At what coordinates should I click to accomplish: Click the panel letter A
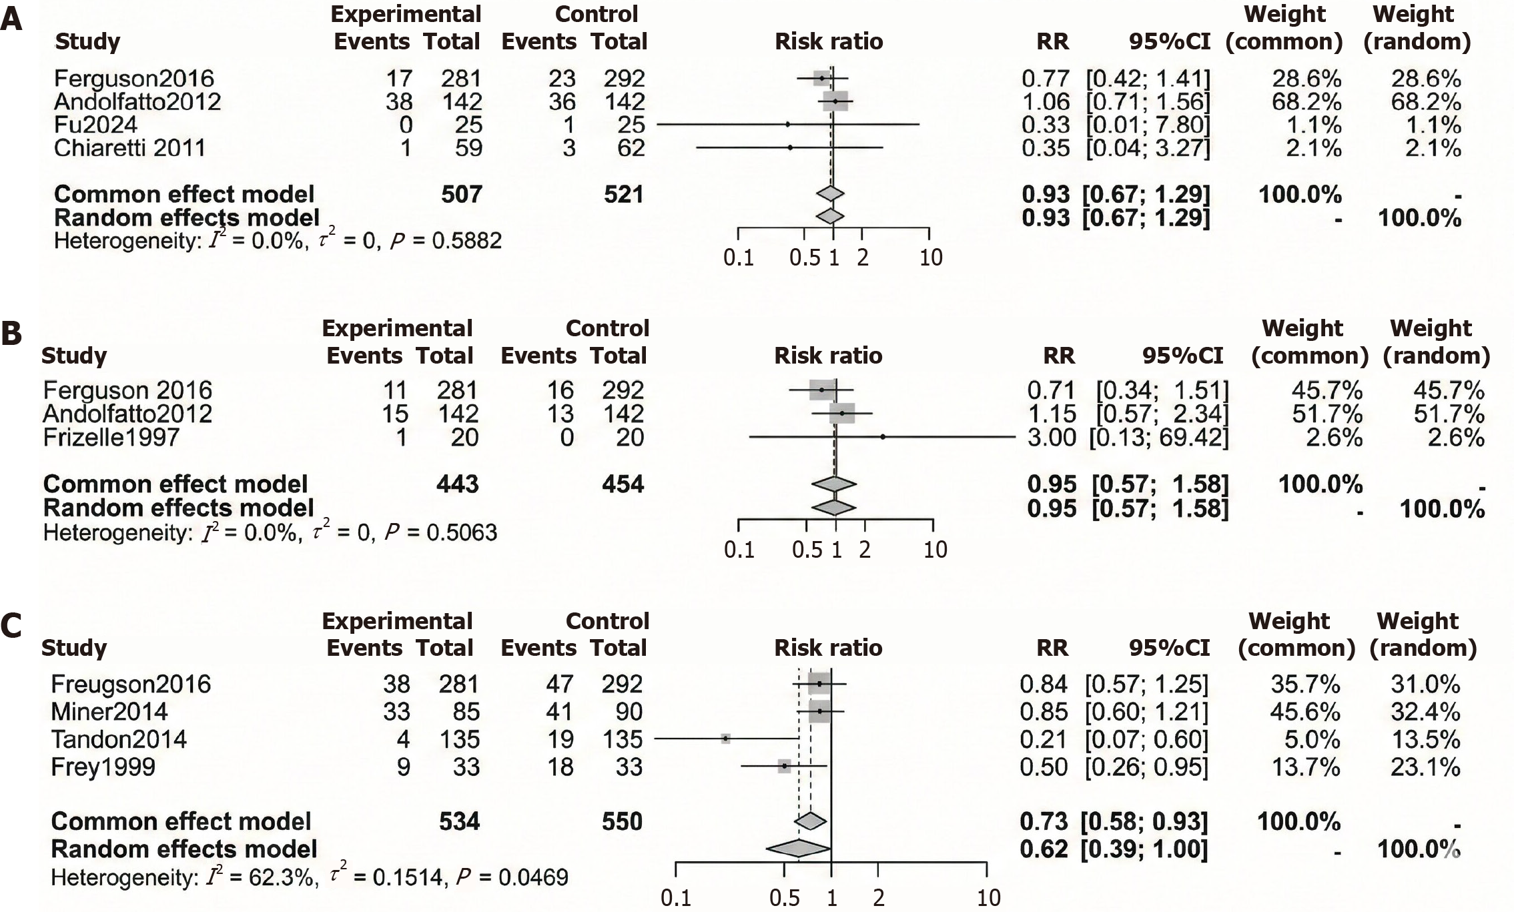[11, 19]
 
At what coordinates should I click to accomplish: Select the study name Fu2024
[95, 125]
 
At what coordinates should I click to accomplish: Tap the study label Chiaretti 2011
[129, 147]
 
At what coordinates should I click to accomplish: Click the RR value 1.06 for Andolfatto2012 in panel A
[1045, 101]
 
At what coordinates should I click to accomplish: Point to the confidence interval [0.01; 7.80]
[1148, 125]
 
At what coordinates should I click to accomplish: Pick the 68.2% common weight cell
[1306, 101]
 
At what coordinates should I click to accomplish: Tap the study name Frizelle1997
[111, 438]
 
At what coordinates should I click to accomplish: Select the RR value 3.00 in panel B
[1052, 438]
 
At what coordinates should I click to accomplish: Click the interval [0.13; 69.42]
[1159, 438]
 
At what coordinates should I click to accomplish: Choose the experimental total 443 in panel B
[458, 484]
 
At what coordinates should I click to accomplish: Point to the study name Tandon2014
[119, 739]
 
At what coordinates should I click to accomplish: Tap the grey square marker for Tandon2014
[725, 739]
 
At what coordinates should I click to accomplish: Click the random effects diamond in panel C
[798, 849]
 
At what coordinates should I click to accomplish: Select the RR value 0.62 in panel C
[1044, 849]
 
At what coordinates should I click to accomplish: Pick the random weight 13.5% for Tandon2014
[1425, 739]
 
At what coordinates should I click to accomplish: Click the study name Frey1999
[103, 767]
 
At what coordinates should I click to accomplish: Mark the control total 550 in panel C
[622, 821]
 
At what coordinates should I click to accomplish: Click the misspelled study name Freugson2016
[131, 684]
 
